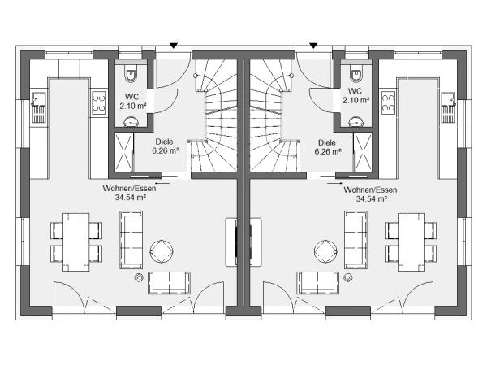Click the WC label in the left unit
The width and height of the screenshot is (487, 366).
coord(132,97)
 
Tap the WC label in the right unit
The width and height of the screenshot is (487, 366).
coord(355,91)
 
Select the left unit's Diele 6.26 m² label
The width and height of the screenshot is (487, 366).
coord(165,146)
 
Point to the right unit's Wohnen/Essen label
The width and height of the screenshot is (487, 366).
coord(370,190)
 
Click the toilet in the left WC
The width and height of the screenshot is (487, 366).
coord(131,74)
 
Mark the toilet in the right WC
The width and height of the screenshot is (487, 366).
coord(356,74)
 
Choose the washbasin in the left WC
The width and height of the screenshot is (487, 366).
coord(131,122)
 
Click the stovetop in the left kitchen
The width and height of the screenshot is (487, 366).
coord(98,103)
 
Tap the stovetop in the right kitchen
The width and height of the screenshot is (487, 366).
coord(388,103)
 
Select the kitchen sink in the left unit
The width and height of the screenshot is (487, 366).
coord(39,107)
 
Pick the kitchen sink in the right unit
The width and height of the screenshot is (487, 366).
coord(448,107)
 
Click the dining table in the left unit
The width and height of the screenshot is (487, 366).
coord(75,242)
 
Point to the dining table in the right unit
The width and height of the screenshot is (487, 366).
coord(411,242)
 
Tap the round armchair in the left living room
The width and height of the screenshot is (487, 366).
coord(162,251)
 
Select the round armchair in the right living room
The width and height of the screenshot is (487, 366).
coord(325,251)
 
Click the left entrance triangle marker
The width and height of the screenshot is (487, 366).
coord(174,46)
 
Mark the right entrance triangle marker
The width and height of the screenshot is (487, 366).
coord(313,46)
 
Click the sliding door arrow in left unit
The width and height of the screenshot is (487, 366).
coord(162,183)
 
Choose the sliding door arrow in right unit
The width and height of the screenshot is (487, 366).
coord(334,183)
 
